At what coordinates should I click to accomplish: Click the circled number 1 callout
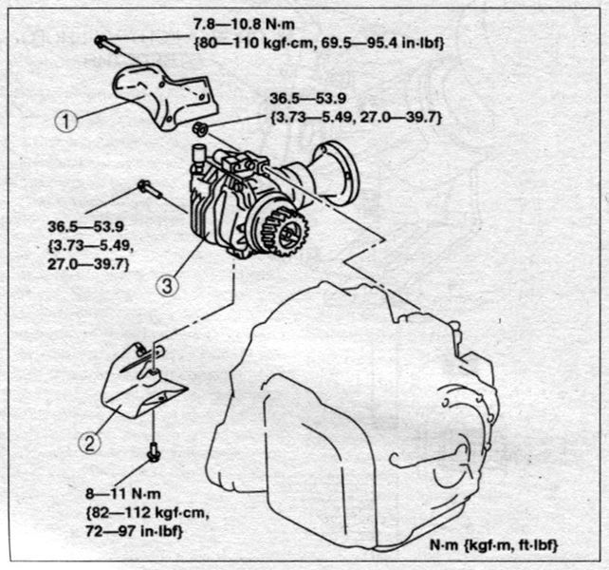coord(66,121)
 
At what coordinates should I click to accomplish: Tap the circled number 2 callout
coord(90,443)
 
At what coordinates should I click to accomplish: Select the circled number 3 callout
coord(167,286)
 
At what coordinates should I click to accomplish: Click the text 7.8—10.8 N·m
coord(244,25)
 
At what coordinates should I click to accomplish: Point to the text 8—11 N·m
coord(122,494)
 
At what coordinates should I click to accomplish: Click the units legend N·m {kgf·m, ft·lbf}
coord(493,545)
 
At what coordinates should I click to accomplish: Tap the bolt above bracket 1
coord(106,44)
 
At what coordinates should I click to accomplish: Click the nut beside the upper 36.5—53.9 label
coord(200,129)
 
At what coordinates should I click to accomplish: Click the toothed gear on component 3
coord(286,233)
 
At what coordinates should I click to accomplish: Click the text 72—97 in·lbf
coord(134,531)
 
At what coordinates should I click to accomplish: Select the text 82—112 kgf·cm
coord(147,513)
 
